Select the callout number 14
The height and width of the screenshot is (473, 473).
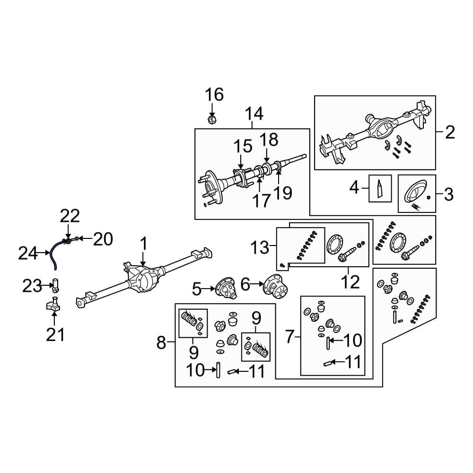coord(254,114)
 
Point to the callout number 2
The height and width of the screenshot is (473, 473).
coord(449,132)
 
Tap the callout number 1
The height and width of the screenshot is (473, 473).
coord(143,245)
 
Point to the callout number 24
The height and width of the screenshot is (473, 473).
coord(27,254)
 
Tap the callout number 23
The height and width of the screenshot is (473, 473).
coord(33,286)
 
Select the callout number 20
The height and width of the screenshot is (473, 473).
coord(103,240)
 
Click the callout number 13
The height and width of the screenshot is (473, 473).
coord(259,246)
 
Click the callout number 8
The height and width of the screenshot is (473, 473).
coord(161,342)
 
